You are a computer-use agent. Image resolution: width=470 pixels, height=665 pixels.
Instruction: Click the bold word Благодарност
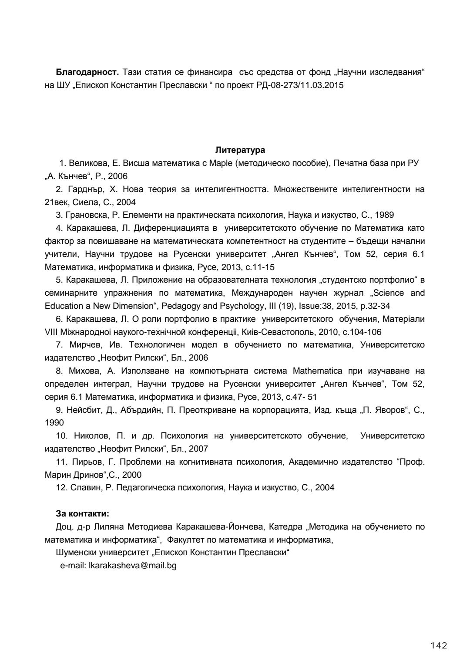tap(87, 72)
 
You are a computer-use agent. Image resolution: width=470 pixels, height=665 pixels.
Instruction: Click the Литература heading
tap(240, 150)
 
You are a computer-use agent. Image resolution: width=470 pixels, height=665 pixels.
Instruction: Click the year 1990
tap(54, 422)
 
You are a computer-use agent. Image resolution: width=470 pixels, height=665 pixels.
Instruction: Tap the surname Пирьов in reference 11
tap(82, 462)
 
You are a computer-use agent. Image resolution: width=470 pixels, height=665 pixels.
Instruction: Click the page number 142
tap(436, 645)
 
